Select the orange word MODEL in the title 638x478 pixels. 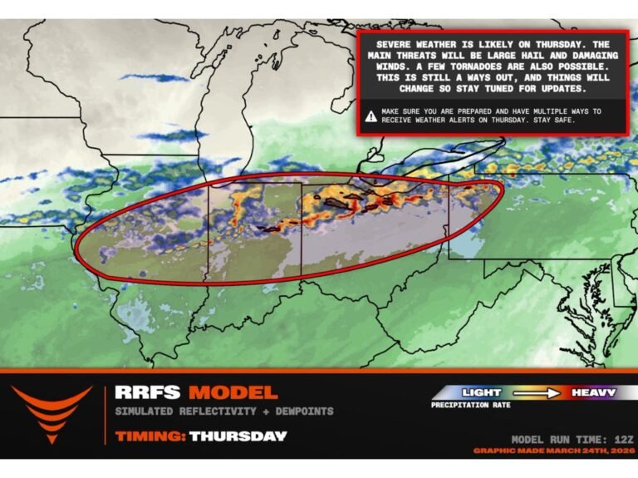[x=232, y=392]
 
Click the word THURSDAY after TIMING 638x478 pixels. [x=238, y=436]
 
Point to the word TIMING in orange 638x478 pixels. [x=150, y=436]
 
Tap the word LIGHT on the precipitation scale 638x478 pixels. [x=482, y=392]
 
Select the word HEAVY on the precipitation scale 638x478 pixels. [x=593, y=392]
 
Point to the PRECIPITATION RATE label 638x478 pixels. [x=470, y=406]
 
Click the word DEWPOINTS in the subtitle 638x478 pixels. [x=303, y=411]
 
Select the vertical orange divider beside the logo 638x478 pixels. [x=105, y=413]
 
